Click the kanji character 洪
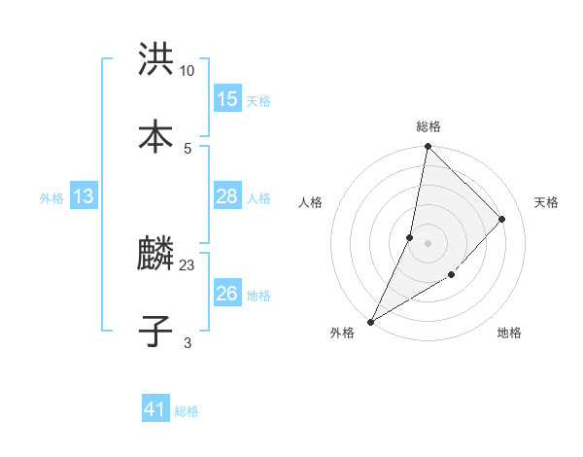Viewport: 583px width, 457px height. (x=155, y=61)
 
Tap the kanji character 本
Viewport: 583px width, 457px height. (x=155, y=134)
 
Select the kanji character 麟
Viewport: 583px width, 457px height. (x=155, y=256)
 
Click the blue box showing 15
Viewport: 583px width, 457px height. (x=227, y=99)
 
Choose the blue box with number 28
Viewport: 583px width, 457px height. (x=227, y=196)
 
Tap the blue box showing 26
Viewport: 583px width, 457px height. (x=227, y=294)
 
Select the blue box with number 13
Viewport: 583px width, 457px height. (x=84, y=196)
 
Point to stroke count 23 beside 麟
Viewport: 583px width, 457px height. (x=188, y=264)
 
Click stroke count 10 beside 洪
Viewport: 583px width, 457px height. (x=188, y=70)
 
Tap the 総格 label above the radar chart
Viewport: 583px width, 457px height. (x=429, y=126)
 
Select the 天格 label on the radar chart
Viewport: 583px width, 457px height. (x=547, y=202)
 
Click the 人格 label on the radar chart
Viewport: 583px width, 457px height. (x=310, y=202)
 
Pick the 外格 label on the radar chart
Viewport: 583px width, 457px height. (x=342, y=333)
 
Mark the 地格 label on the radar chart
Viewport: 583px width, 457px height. (x=509, y=333)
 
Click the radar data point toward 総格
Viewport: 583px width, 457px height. (x=428, y=146)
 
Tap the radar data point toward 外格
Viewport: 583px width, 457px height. (x=370, y=322)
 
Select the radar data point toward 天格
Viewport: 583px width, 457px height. (x=502, y=219)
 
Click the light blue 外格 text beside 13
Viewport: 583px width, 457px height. (x=51, y=197)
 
